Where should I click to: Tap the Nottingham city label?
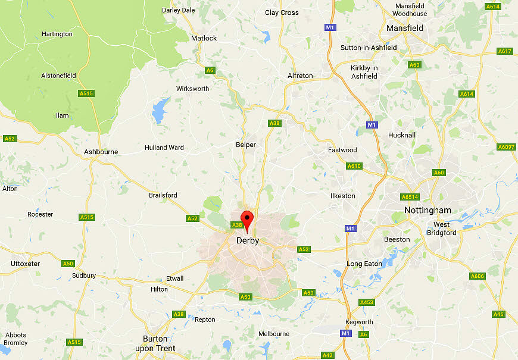click(x=427, y=210)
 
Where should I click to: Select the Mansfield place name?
click(x=404, y=28)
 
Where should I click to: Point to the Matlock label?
click(x=204, y=38)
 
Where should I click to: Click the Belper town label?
click(x=246, y=145)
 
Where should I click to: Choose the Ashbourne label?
click(x=101, y=152)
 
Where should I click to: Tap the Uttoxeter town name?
click(x=25, y=264)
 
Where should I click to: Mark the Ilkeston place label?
click(x=342, y=196)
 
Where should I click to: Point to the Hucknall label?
click(x=401, y=135)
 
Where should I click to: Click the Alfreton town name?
click(x=299, y=76)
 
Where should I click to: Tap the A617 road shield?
click(x=505, y=51)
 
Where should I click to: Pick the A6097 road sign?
click(x=506, y=147)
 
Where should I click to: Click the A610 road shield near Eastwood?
click(x=354, y=166)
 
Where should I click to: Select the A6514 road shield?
click(x=410, y=197)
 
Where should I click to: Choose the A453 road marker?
click(x=367, y=303)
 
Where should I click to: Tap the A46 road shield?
click(x=498, y=314)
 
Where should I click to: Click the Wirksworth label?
click(x=192, y=89)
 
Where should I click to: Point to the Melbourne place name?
click(x=273, y=334)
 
